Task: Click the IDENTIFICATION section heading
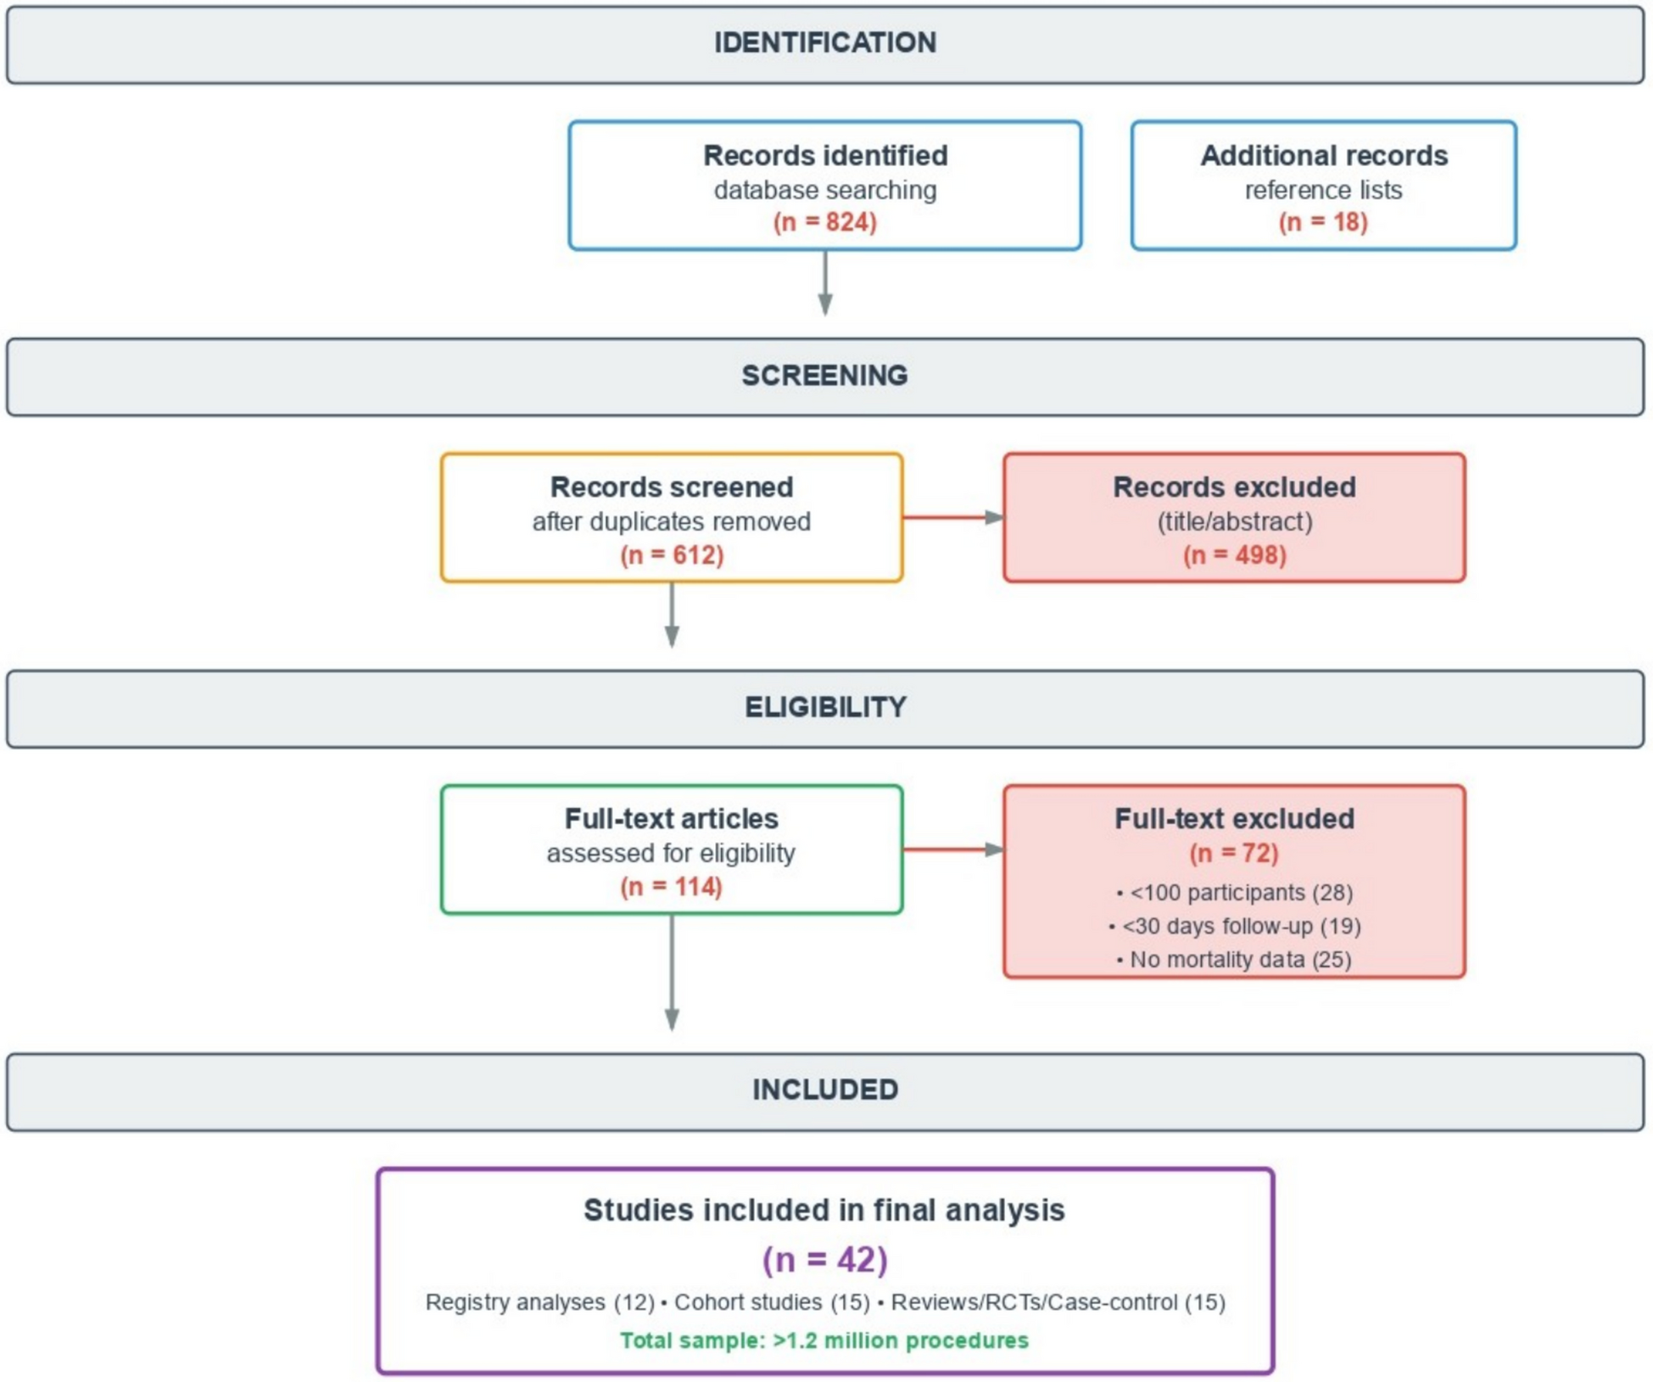click(824, 42)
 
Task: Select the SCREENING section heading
click(824, 375)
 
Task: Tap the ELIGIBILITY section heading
click(824, 706)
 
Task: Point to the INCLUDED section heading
click(824, 1089)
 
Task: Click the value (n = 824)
click(824, 222)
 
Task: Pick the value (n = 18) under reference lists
click(1322, 222)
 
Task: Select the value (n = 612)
click(671, 554)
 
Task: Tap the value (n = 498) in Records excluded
click(1234, 554)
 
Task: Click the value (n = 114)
click(671, 886)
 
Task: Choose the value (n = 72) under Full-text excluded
click(1233, 852)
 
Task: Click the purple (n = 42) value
click(824, 1258)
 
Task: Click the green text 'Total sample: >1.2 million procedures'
click(824, 1340)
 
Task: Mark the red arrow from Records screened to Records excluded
click(952, 516)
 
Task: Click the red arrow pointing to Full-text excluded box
click(952, 849)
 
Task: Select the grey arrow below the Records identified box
click(824, 283)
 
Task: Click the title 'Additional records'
click(1323, 155)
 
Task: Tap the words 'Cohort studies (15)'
click(771, 1301)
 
